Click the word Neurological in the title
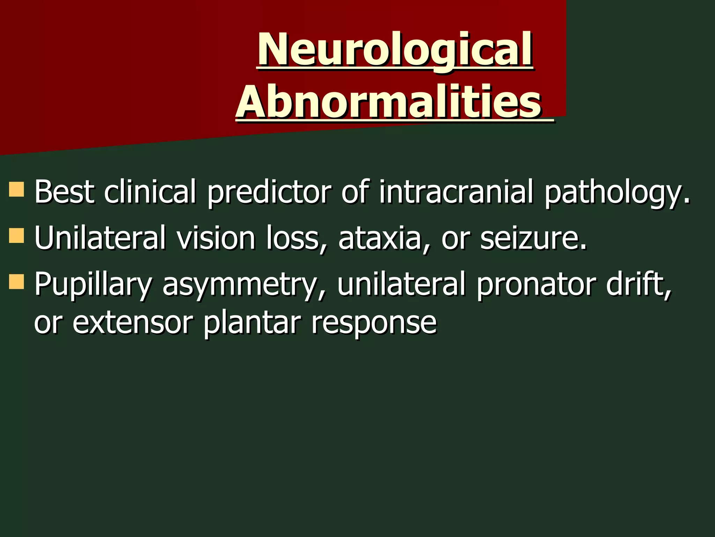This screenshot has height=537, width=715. [395, 50]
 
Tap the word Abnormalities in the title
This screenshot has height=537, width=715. [389, 102]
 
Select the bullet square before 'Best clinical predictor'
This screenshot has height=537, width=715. [16, 189]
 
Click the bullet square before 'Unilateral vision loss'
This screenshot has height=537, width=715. [16, 235]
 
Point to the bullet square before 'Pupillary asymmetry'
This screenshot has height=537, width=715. [16, 281]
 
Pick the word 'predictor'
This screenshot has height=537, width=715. [269, 192]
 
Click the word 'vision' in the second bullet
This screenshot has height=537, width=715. [216, 238]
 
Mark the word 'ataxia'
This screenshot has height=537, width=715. [380, 238]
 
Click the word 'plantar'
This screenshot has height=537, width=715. [252, 323]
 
